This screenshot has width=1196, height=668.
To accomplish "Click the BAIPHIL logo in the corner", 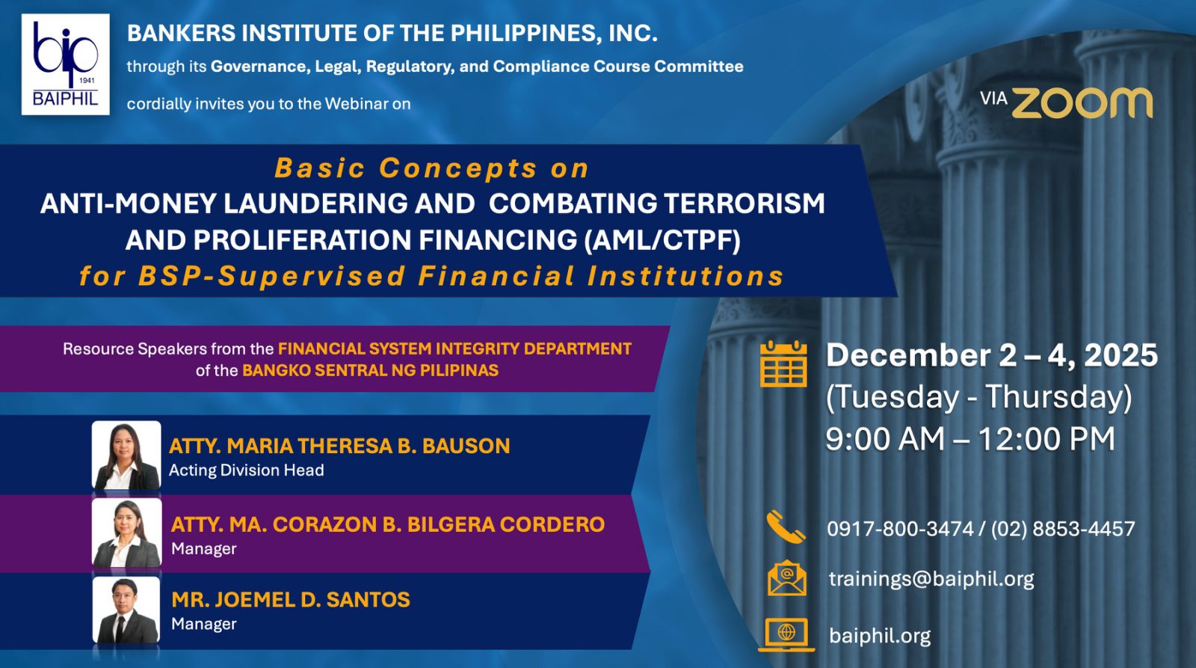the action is (66, 64).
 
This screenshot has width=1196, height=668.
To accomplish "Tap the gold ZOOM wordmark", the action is (1082, 103).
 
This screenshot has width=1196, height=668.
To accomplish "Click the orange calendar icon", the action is (783, 364).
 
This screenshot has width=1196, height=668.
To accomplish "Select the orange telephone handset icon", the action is (786, 527).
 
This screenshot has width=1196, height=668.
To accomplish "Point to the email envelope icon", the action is (787, 577).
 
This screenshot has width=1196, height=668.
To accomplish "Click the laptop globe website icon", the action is (786, 634).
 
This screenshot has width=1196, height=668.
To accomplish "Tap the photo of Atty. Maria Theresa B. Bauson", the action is (126, 455).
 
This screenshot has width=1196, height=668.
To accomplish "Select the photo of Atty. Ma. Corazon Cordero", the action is (126, 533).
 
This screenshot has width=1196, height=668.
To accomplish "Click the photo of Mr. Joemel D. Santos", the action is (126, 610).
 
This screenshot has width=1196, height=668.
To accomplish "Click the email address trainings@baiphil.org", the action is (931, 579).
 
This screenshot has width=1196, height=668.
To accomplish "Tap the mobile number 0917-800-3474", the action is (900, 529).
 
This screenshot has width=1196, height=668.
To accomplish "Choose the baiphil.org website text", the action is (880, 636).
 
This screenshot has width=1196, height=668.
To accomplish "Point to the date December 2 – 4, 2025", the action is (991, 355).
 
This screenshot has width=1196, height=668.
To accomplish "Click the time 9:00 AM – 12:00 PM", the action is (970, 439).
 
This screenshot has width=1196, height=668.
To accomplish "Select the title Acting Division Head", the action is (246, 471).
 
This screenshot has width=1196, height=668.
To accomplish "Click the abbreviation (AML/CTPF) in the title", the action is (662, 239).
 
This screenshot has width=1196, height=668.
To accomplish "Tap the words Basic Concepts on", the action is (431, 168).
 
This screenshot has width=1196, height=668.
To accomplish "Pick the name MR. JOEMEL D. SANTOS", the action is (291, 600).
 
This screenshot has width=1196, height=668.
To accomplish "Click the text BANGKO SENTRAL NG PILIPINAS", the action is (371, 370).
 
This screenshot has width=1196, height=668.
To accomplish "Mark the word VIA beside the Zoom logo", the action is (993, 98).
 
